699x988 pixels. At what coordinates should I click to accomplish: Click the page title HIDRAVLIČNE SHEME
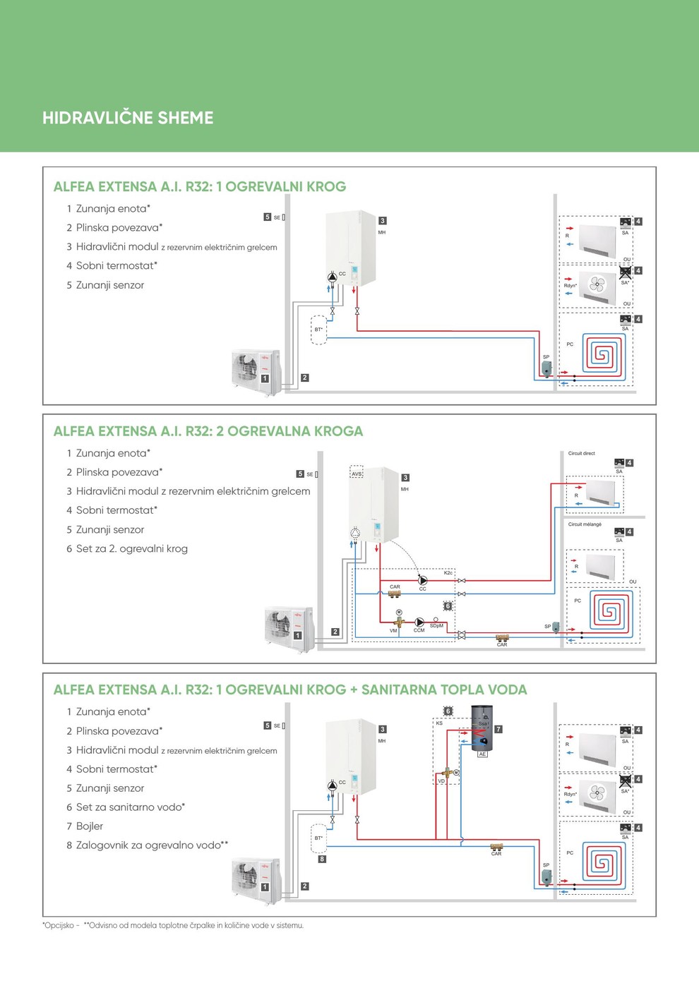click(x=128, y=118)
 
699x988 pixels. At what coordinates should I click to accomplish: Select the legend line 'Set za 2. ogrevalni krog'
click(x=131, y=548)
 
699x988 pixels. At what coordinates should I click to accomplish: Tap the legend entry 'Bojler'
click(x=89, y=826)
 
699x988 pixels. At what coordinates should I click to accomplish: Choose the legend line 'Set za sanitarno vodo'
click(x=130, y=807)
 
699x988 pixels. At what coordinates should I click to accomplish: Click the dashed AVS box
click(x=357, y=473)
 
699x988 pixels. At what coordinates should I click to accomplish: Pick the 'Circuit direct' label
click(x=581, y=453)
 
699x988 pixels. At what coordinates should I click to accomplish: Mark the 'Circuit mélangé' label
click(x=585, y=524)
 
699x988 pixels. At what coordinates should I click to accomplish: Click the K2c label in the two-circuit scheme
click(x=448, y=572)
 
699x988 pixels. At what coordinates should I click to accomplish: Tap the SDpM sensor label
click(x=436, y=626)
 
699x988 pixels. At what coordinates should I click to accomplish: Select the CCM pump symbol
click(x=419, y=622)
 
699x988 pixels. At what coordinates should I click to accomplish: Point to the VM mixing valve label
click(x=393, y=630)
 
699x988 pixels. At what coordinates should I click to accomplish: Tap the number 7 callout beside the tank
click(x=498, y=729)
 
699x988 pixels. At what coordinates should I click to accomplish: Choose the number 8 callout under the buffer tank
click(x=322, y=859)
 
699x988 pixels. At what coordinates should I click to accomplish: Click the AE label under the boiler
click(x=482, y=754)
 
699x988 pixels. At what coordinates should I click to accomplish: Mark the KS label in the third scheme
click(x=439, y=723)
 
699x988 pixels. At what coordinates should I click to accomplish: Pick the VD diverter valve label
click(x=441, y=781)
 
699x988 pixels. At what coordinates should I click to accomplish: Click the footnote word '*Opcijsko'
click(x=59, y=925)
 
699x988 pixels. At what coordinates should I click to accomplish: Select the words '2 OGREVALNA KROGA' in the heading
click(x=289, y=431)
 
